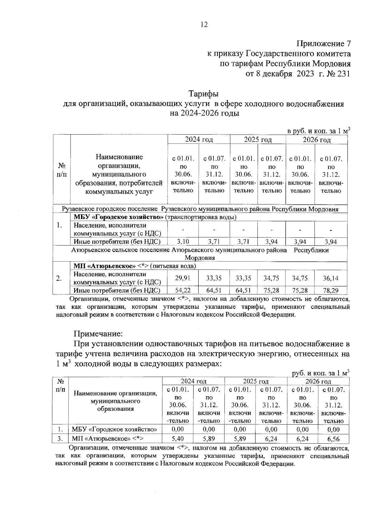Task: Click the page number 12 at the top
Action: tap(204, 25)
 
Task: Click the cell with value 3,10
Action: tap(183, 241)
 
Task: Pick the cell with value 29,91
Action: tap(183, 278)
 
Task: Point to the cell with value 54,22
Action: tap(183, 290)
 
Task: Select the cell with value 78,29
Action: tap(331, 290)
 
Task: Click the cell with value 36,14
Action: tap(331, 278)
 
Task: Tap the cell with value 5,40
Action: tap(178, 439)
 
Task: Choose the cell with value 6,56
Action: tap(333, 439)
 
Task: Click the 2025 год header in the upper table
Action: tap(258, 140)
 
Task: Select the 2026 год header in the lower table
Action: tap(318, 381)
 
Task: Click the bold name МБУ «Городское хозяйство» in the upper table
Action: tap(119, 217)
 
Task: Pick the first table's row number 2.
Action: tap(59, 278)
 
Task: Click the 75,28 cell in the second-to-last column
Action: tap(300, 290)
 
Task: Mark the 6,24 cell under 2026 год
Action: tap(302, 439)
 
